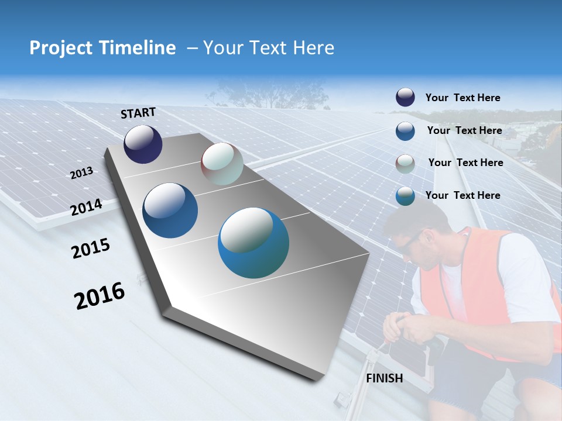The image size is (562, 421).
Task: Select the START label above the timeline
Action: (138, 112)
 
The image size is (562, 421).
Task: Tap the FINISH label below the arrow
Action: (385, 378)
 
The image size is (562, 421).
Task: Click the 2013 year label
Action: (82, 173)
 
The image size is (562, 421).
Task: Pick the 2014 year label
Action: (87, 207)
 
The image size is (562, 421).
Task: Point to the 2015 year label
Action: (91, 249)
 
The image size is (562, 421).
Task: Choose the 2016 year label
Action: (100, 295)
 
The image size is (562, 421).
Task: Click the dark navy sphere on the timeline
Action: (143, 144)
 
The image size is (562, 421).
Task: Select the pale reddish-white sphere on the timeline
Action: (222, 164)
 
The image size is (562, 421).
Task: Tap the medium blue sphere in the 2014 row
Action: (170, 210)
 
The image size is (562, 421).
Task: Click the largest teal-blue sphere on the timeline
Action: (253, 243)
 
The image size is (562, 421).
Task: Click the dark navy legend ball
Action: (405, 98)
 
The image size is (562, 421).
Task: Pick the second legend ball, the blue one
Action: (405, 130)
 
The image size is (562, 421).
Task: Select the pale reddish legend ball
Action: (405, 163)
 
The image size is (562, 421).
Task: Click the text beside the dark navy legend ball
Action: (462, 98)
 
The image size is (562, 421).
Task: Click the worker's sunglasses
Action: (410, 240)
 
